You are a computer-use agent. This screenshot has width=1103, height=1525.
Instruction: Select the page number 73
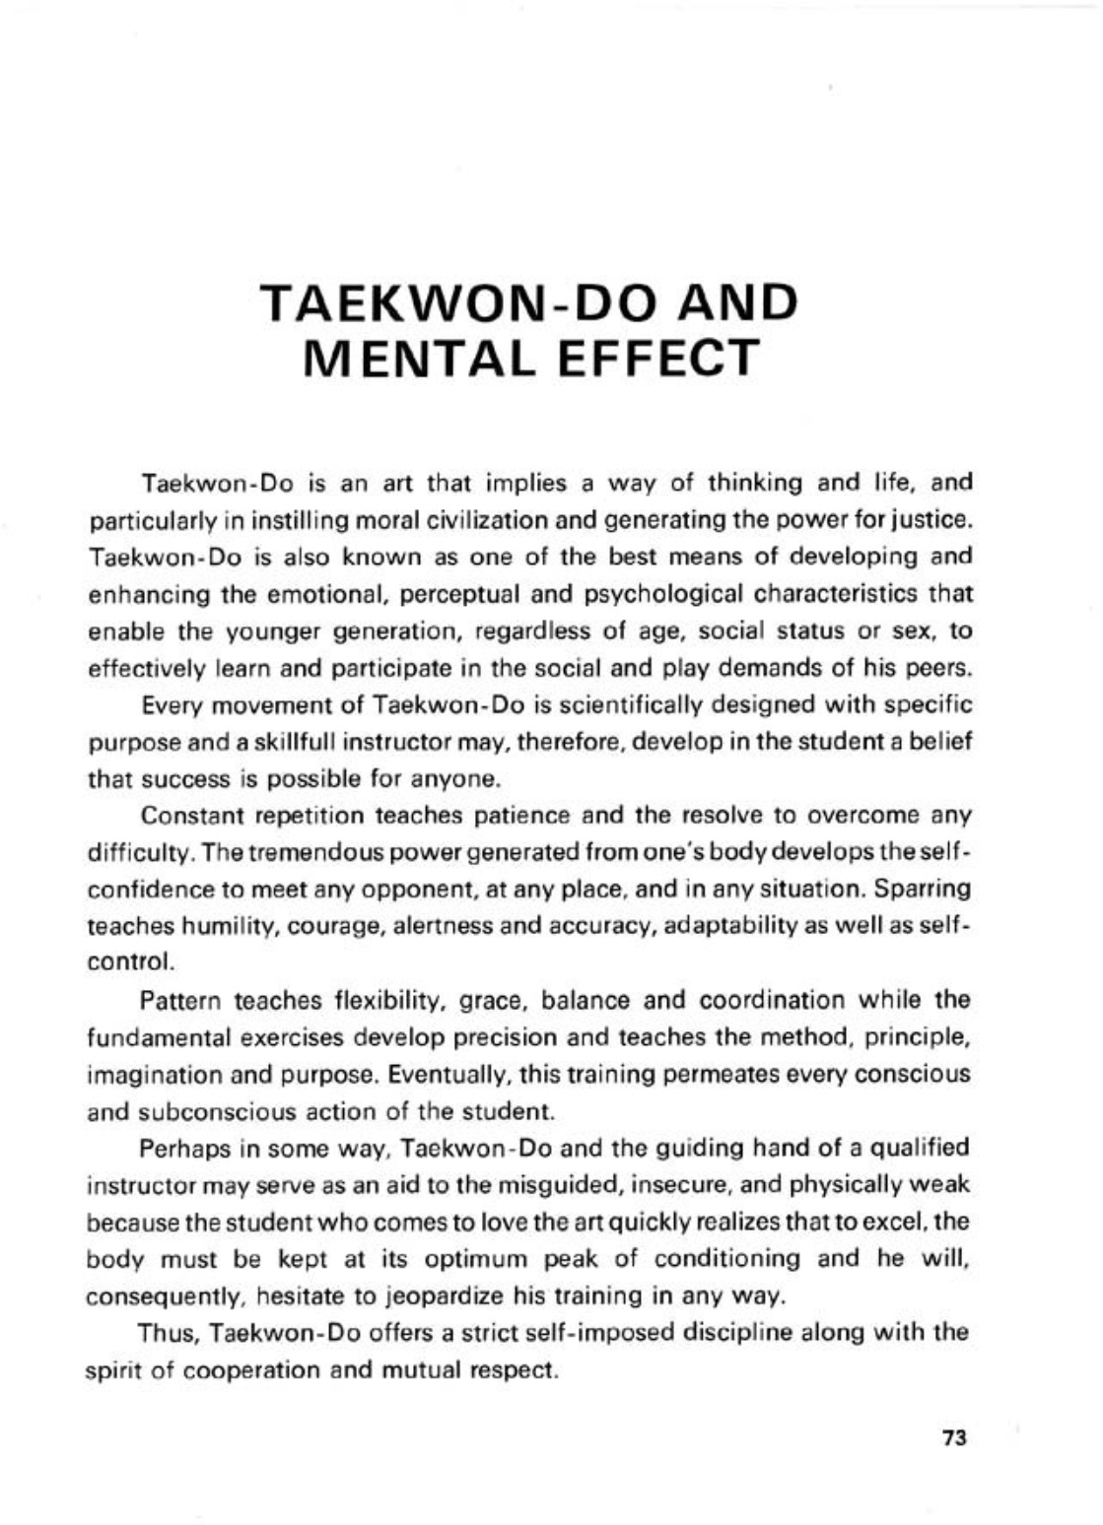[955, 1438]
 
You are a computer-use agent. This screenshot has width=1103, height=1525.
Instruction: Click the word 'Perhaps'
[182, 1149]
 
